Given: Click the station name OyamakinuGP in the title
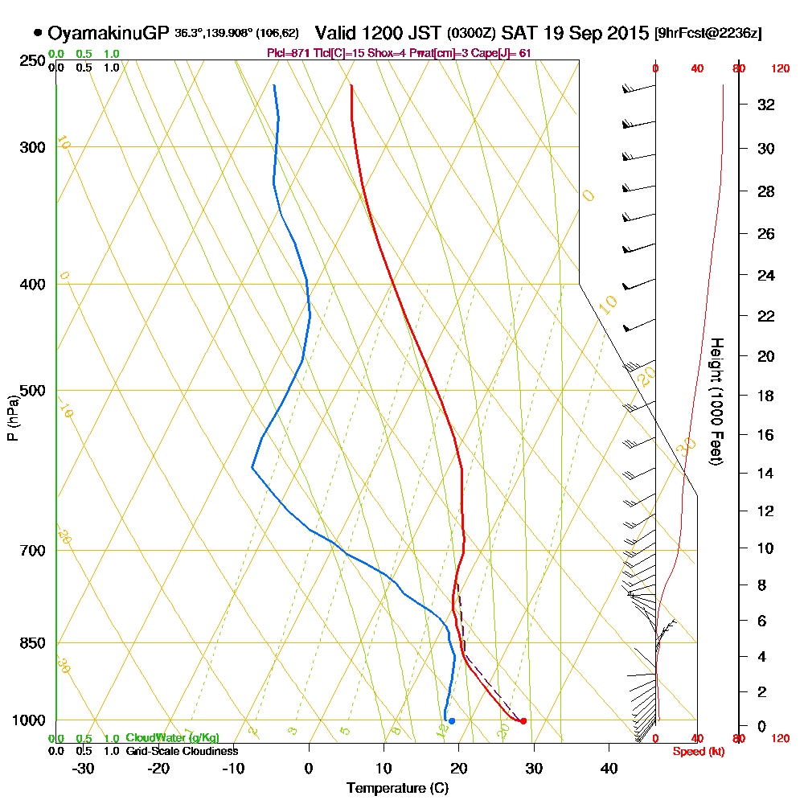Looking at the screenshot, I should [109, 33].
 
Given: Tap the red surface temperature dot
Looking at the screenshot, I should [523, 721].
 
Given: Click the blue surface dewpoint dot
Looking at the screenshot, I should [452, 721].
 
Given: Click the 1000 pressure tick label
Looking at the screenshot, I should [29, 720].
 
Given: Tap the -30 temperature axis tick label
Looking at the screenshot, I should [84, 769].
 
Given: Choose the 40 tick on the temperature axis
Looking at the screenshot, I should [609, 769].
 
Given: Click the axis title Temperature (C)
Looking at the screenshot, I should [397, 789].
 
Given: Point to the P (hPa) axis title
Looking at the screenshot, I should [12, 417].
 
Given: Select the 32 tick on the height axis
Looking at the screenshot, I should [766, 105].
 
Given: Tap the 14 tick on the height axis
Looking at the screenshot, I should [766, 473].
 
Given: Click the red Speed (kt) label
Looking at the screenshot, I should [696, 752].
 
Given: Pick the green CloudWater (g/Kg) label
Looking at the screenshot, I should [172, 738].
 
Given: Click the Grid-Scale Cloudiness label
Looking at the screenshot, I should [182, 751].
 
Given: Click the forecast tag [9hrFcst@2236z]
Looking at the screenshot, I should [708, 34].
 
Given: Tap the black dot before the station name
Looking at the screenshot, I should [38, 33].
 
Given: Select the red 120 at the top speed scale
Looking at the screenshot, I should [780, 69].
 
